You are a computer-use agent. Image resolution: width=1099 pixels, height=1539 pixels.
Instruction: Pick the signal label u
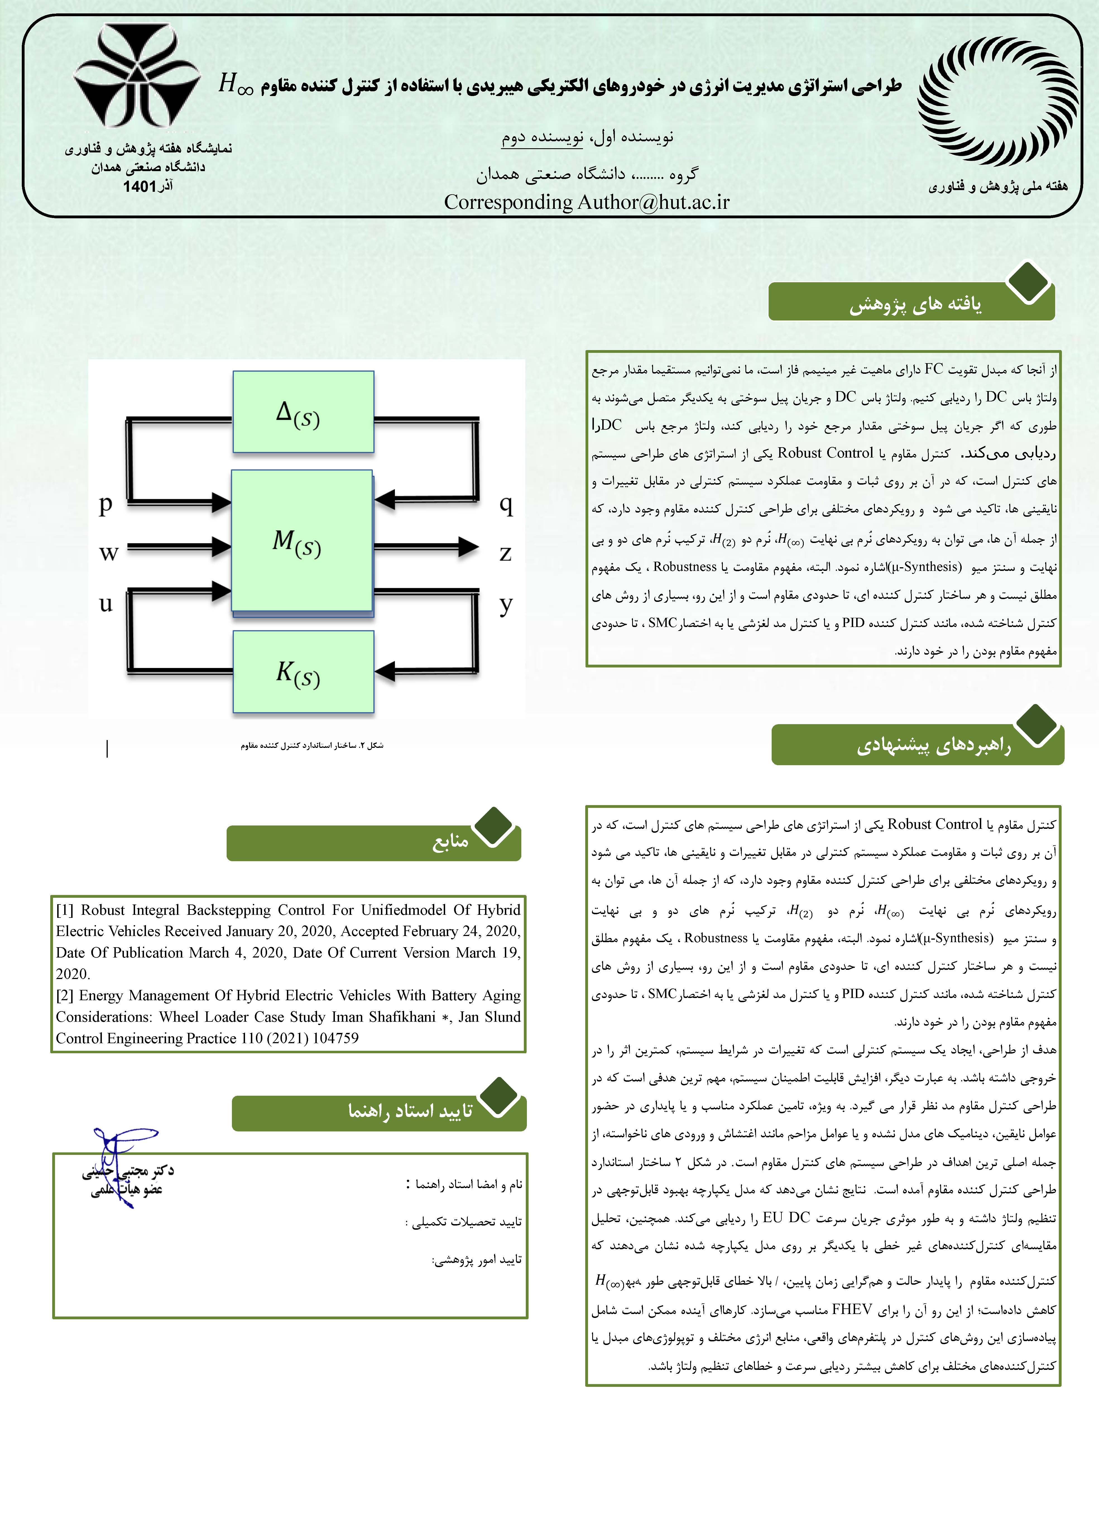[x=105, y=603]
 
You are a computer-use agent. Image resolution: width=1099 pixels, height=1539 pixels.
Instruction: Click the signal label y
[x=505, y=604]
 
